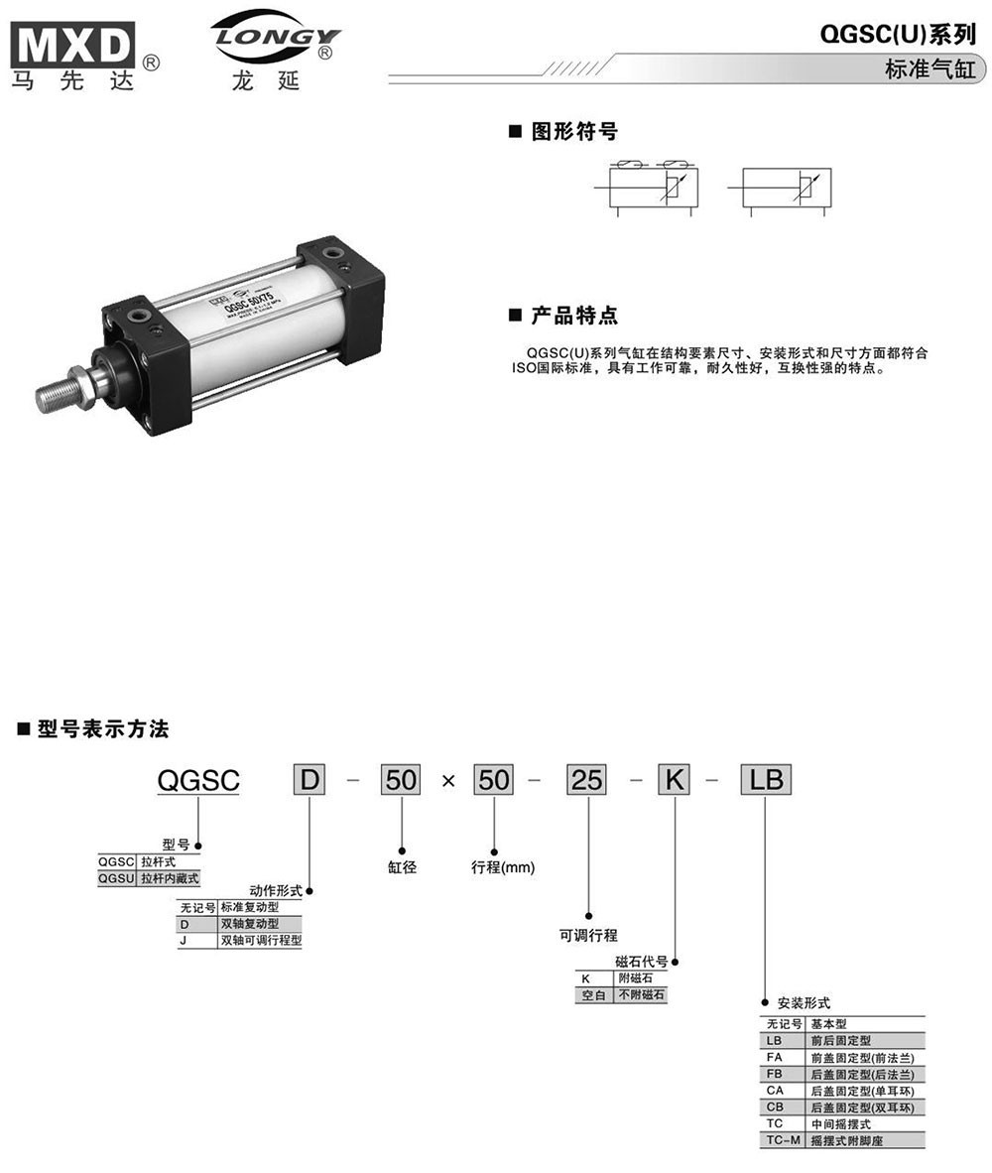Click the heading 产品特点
coord(573,316)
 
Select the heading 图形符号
coord(573,131)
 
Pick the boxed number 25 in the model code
coord(586,781)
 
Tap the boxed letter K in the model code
coord(675,781)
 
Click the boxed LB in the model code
coord(764,781)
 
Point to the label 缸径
coord(402,866)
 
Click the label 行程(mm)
coord(502,866)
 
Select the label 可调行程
coord(588,934)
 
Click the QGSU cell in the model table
coord(117,878)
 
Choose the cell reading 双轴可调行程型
coord(260,940)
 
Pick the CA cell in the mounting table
coord(776,1091)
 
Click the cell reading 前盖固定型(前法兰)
coord(861,1057)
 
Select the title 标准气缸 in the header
coord(930,70)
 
